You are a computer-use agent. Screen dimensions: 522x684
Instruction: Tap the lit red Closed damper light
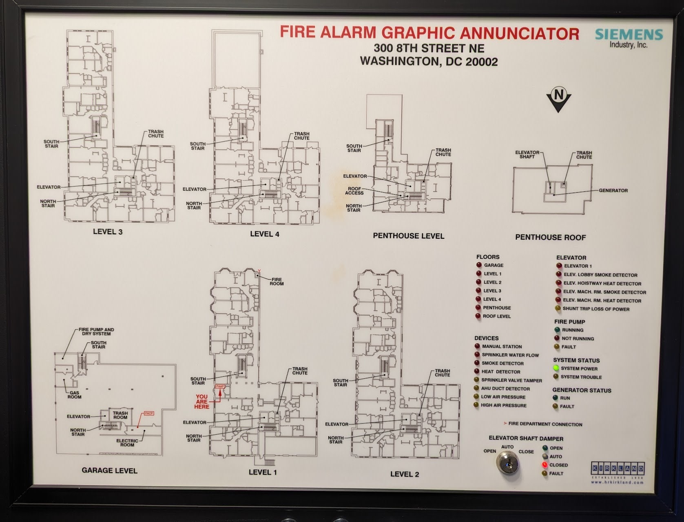click(544, 465)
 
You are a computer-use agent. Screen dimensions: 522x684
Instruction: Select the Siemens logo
click(629, 34)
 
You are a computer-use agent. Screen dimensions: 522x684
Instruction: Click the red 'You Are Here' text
click(201, 402)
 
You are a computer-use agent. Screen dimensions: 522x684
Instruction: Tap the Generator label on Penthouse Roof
click(613, 191)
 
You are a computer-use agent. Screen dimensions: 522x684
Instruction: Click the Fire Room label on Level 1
click(277, 282)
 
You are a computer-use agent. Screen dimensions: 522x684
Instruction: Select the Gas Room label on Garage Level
click(74, 395)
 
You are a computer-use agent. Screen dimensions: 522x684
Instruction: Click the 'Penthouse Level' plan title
click(408, 236)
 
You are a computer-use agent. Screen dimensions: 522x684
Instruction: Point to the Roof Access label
click(354, 191)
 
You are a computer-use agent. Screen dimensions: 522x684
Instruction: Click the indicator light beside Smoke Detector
click(477, 363)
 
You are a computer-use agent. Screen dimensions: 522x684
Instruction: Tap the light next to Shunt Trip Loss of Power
click(558, 309)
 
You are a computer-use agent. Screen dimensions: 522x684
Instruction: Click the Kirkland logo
click(618, 468)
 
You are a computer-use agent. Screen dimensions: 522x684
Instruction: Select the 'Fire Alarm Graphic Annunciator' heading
click(429, 33)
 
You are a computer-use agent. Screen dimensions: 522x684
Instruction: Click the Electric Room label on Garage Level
click(127, 443)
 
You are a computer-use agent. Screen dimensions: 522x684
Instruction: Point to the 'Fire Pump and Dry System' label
click(96, 331)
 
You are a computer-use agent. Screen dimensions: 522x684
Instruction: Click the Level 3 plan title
click(108, 232)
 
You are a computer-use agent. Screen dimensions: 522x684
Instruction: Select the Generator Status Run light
click(556, 398)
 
